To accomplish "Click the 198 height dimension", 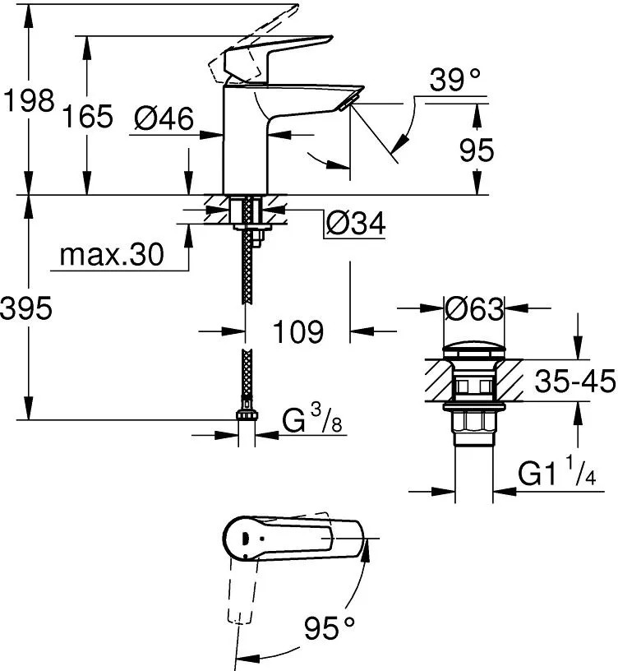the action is (x=29, y=101).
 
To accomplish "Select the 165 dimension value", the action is (x=88, y=116).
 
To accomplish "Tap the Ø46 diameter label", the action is (x=164, y=118).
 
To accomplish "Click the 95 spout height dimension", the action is (x=477, y=150).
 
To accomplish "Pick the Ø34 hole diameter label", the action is (x=355, y=223).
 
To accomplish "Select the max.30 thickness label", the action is (x=112, y=255).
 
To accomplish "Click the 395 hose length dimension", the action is (x=26, y=308).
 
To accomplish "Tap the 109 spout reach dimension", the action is (x=298, y=331).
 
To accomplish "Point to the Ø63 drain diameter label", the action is (x=474, y=308).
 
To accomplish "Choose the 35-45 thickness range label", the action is (x=574, y=381).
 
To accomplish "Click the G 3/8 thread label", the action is (x=312, y=419).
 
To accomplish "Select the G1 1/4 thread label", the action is (x=557, y=470).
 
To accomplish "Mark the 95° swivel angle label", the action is (x=330, y=627).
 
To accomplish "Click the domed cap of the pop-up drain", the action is (x=474, y=349).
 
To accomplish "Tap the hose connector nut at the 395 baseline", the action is (x=247, y=415).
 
